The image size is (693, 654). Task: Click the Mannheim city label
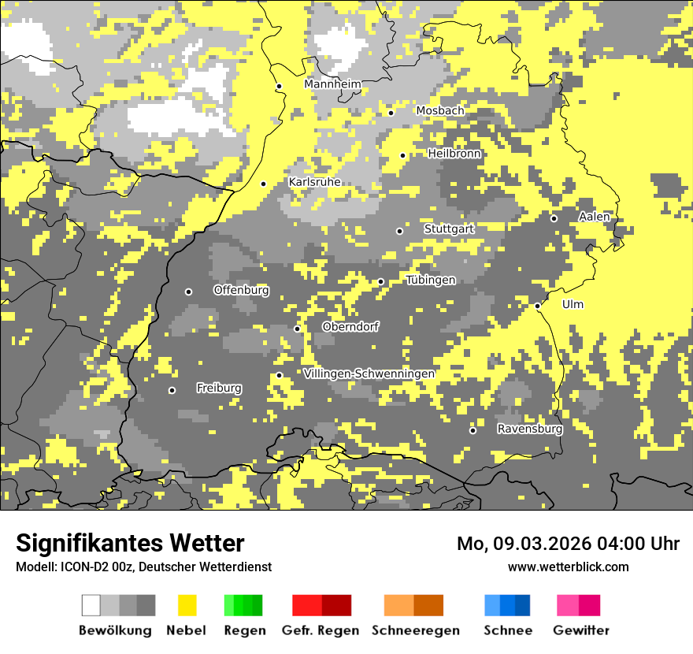pyautogui.click(x=332, y=84)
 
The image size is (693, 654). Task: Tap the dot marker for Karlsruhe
pyautogui.click(x=264, y=184)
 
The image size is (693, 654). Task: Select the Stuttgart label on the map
pyautogui.click(x=449, y=229)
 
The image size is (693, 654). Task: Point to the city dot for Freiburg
pyautogui.click(x=172, y=390)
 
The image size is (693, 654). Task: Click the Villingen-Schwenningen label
pyautogui.click(x=369, y=373)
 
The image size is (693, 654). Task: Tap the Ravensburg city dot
pyautogui.click(x=472, y=430)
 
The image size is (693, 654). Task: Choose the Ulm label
pyautogui.click(x=573, y=304)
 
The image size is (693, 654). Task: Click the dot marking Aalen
pyautogui.click(x=554, y=218)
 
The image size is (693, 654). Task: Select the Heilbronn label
pyautogui.click(x=454, y=154)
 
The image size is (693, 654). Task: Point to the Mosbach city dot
pyautogui.click(x=391, y=113)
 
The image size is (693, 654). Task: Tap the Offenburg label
pyautogui.click(x=241, y=290)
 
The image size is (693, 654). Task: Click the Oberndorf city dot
pyautogui.click(x=297, y=329)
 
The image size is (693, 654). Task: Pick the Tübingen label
pyautogui.click(x=431, y=280)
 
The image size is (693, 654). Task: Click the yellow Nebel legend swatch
pyautogui.click(x=187, y=605)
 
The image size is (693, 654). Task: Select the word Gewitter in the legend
pyautogui.click(x=580, y=630)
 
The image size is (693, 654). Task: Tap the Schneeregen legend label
pyautogui.click(x=415, y=630)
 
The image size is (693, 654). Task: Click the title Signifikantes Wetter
pyautogui.click(x=130, y=543)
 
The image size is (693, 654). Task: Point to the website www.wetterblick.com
pyautogui.click(x=568, y=567)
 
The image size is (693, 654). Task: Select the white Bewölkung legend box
pyautogui.click(x=91, y=605)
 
